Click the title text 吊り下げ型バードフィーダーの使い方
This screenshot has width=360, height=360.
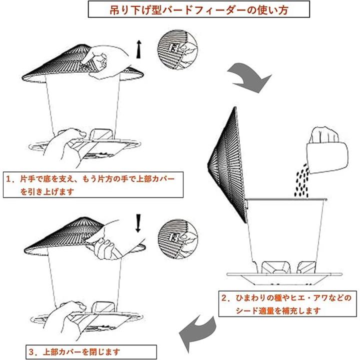pyautogui.click(x=199, y=9)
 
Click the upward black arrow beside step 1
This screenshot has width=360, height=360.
pyautogui.click(x=138, y=49)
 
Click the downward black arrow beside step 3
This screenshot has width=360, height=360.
pyautogui.click(x=138, y=223)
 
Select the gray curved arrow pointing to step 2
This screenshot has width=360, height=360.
pyautogui.click(x=249, y=77)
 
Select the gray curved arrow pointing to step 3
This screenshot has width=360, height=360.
pyautogui.click(x=197, y=333)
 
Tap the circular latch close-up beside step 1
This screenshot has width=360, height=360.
pyautogui.click(x=177, y=50)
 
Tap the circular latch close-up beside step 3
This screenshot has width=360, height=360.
pyautogui.click(x=178, y=239)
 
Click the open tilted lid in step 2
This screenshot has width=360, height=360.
pyautogui.click(x=228, y=165)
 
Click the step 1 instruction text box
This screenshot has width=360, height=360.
pyautogui.click(x=93, y=184)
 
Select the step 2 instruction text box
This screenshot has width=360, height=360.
pyautogui.click(x=287, y=304)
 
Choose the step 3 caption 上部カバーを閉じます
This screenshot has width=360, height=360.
pyautogui.click(x=81, y=351)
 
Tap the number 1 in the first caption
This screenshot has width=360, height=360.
pyautogui.click(x=8, y=179)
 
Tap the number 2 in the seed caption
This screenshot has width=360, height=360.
pyautogui.click(x=224, y=298)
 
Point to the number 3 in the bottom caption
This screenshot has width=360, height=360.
pyautogui.click(x=31, y=351)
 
